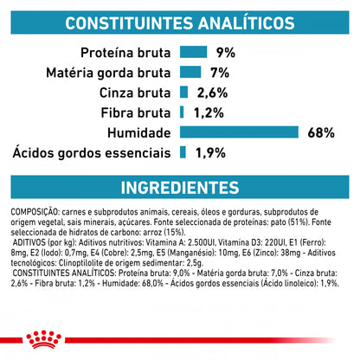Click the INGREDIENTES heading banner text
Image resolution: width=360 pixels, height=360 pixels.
click(x=180, y=188)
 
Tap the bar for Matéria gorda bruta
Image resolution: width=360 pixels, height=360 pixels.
click(x=191, y=72)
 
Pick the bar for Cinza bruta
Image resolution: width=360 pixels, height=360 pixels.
click(x=184, y=92)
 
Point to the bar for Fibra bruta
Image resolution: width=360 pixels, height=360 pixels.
click(x=182, y=112)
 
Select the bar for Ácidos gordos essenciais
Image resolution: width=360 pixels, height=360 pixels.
click(x=183, y=152)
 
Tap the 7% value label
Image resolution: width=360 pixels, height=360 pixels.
click(x=220, y=72)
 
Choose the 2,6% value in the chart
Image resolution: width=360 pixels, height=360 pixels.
click(x=212, y=92)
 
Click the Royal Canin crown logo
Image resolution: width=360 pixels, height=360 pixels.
click(x=180, y=343)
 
